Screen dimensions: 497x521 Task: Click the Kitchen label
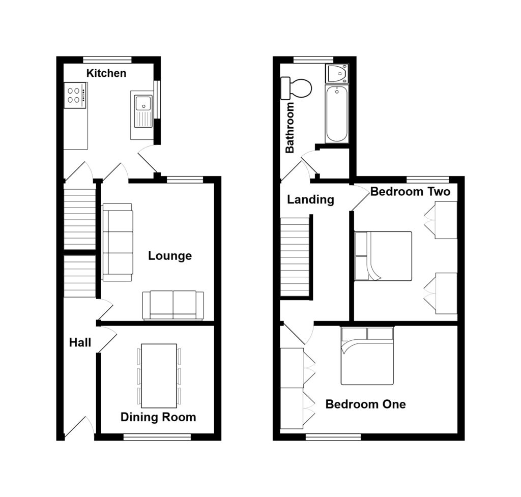[106, 73]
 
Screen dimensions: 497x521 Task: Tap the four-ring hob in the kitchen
[75, 95]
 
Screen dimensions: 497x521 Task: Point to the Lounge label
[170, 256]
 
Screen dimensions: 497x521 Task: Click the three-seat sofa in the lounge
[117, 242]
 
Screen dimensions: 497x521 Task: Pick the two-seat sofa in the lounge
[173, 305]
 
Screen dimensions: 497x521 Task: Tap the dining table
[159, 375]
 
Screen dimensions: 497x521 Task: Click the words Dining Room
[158, 418]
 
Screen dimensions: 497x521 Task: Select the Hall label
[80, 343]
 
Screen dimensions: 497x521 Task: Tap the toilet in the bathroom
[297, 88]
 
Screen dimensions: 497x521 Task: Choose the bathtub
[336, 114]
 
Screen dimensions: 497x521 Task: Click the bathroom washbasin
[336, 74]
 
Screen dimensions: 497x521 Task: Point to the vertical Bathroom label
[290, 128]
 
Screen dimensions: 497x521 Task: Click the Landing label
[310, 200]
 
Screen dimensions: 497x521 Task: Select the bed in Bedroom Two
[383, 256]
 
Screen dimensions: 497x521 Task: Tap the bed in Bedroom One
[367, 356]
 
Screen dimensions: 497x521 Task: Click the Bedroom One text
[365, 405]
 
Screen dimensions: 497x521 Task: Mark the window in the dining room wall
[157, 436]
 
